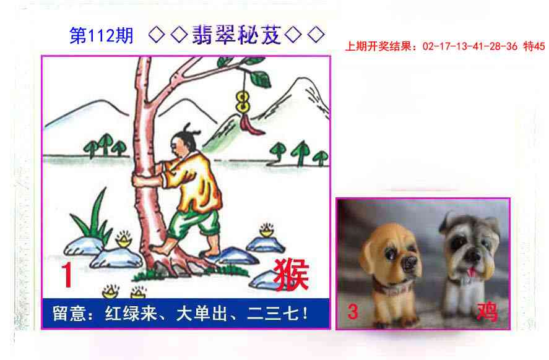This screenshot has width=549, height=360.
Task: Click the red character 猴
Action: click(290, 275)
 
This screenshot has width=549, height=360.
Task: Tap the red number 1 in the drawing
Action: click(66, 276)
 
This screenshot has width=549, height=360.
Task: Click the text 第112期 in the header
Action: click(102, 36)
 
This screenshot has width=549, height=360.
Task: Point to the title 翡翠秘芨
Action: click(237, 36)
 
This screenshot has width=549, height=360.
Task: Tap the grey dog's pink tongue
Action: click(473, 271)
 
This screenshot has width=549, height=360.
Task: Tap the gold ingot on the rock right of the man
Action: click(267, 231)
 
